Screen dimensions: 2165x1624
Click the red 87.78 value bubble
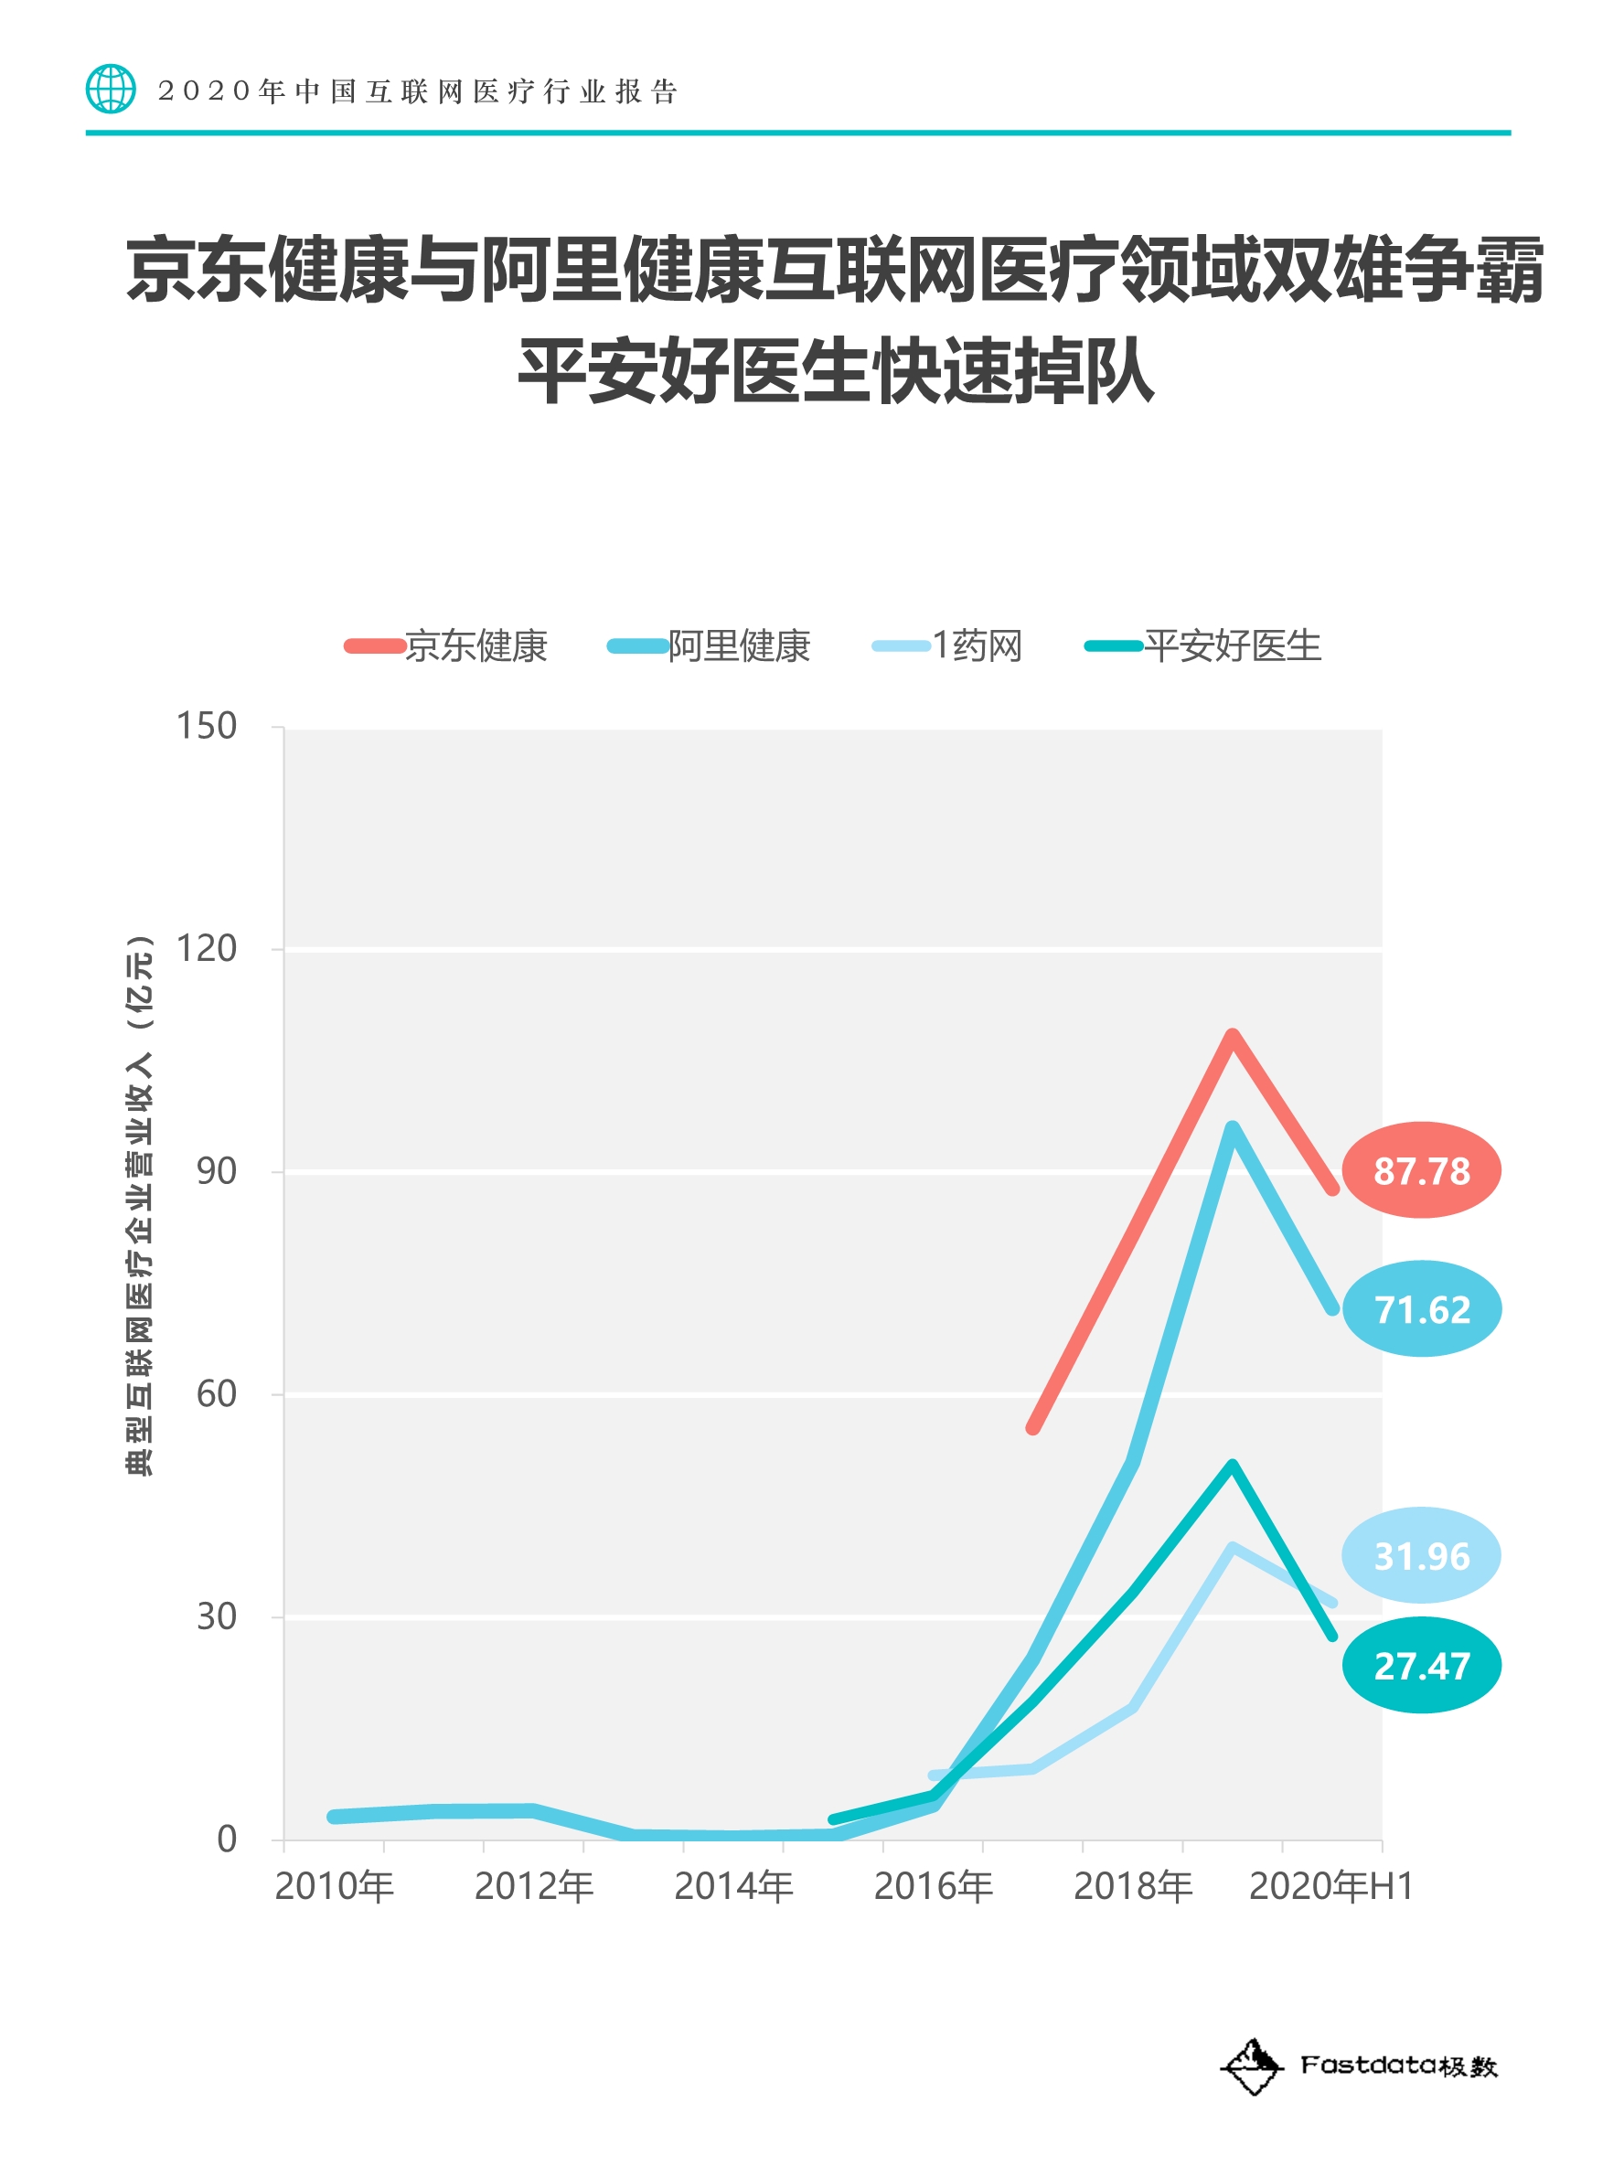(1420, 1169)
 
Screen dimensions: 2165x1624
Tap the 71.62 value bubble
(1421, 1307)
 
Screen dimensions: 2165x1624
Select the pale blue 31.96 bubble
(1420, 1554)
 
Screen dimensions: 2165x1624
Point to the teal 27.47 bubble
(1420, 1665)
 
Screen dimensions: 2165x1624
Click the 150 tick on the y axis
(207, 726)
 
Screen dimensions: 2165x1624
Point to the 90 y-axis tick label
(217, 1170)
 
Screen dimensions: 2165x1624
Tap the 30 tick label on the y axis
(217, 1616)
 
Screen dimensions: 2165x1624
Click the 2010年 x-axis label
(334, 1886)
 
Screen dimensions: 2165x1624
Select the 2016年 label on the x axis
(933, 1886)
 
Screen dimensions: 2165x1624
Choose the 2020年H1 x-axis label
(1330, 1886)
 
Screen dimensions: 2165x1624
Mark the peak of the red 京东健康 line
(1232, 1035)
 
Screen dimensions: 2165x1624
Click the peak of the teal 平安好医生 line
(1232, 1466)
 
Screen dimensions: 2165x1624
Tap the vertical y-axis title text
(139, 1205)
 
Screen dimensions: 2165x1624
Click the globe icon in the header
(111, 89)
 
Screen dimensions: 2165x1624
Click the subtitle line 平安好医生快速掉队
(835, 371)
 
